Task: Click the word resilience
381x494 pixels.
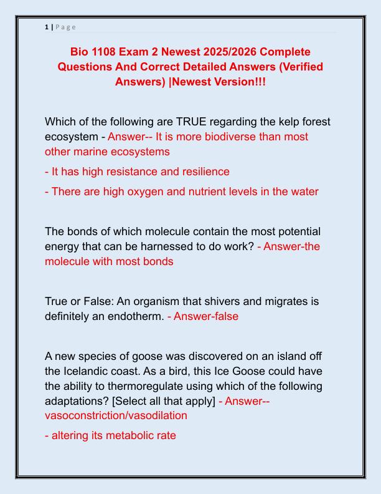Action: [x=199, y=171]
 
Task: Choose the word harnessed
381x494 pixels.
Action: [x=158, y=246]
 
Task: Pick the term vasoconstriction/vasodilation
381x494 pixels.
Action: [x=116, y=415]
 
